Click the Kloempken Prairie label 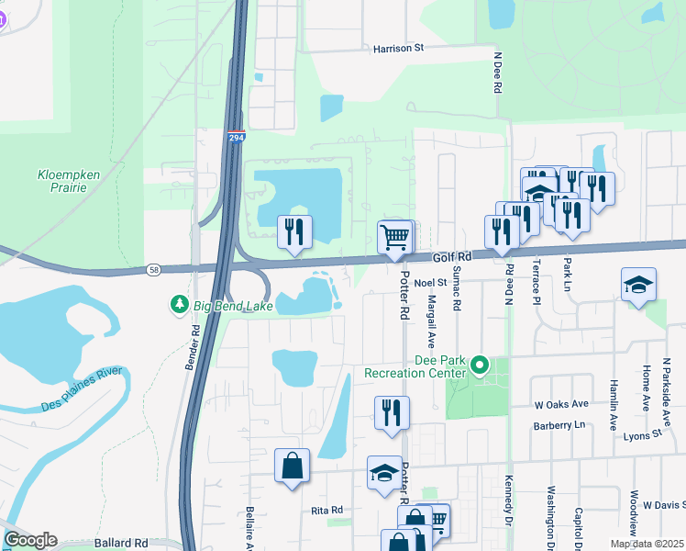[x=62, y=181]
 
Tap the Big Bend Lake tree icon [x=180, y=304]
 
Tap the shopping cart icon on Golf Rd [x=395, y=237]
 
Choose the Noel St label [x=428, y=283]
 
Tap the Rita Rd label [x=326, y=510]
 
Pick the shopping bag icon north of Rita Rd [x=292, y=465]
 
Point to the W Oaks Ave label [x=561, y=404]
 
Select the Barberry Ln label [x=559, y=426]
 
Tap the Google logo [x=29, y=540]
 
